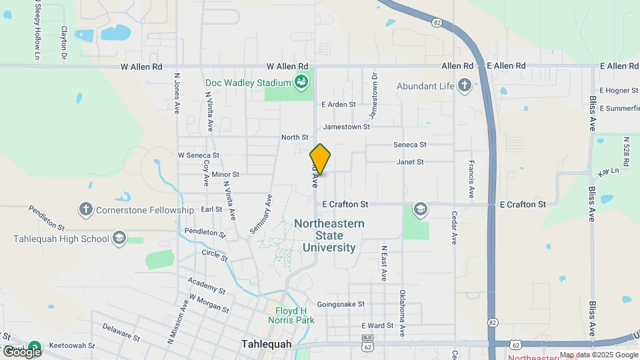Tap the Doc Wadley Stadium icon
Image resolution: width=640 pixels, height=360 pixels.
click(303, 83)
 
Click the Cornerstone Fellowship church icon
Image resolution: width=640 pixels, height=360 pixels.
click(85, 210)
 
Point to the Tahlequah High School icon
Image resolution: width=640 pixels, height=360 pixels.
click(119, 239)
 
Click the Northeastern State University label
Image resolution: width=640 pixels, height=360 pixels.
click(329, 235)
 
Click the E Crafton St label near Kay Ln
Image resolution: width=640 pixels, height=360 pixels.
click(523, 204)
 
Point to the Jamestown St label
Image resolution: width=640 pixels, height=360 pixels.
click(346, 127)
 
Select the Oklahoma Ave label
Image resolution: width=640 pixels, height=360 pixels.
click(402, 311)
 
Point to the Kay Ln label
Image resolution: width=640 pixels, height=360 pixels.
click(609, 172)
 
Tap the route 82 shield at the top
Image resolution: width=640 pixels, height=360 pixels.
click(437, 22)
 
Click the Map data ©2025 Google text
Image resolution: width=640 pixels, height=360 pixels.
click(598, 355)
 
